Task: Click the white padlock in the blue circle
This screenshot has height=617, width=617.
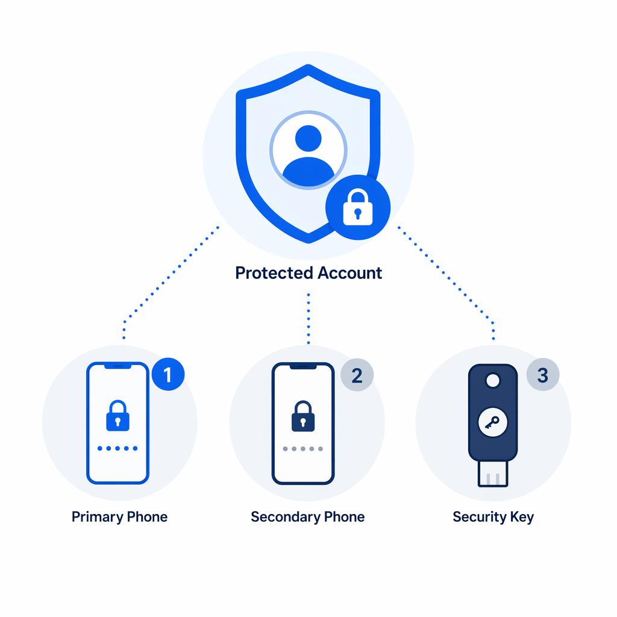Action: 358,207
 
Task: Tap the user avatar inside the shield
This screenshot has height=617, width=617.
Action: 308,150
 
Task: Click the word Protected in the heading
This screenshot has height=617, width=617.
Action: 274,273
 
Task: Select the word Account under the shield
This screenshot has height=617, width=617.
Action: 350,273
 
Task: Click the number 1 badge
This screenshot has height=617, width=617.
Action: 168,374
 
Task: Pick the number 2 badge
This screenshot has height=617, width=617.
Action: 357,375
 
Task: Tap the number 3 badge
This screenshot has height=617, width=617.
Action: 543,375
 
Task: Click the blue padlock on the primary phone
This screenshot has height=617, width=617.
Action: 117,416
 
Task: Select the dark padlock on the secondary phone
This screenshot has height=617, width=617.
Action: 303,416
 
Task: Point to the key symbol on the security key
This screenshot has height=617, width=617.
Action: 492,422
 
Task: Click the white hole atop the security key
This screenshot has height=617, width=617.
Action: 493,381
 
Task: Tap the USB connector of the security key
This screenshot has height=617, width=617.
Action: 493,474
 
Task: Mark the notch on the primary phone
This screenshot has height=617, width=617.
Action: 117,366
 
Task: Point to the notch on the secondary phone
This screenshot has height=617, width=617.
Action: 303,366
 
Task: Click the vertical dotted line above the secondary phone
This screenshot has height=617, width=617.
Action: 308,319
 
